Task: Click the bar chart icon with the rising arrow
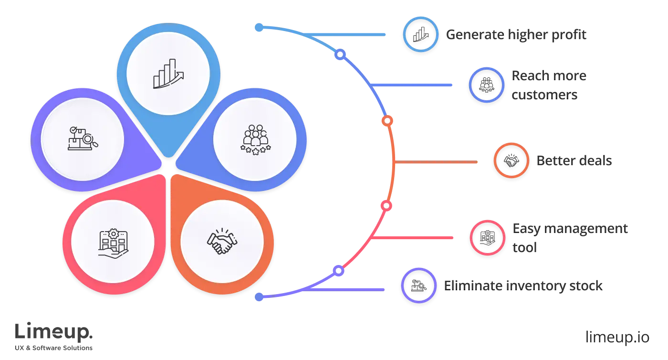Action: click(x=168, y=74)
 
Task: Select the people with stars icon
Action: click(x=256, y=139)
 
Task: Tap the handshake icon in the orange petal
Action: click(x=222, y=242)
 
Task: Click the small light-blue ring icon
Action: click(x=420, y=34)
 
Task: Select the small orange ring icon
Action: click(x=511, y=161)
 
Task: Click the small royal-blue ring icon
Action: click(x=487, y=85)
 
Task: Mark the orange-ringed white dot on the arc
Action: click(x=387, y=121)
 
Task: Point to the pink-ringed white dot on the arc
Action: click(x=386, y=206)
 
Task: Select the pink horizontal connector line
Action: click(x=413, y=237)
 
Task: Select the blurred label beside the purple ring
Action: click(x=522, y=286)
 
